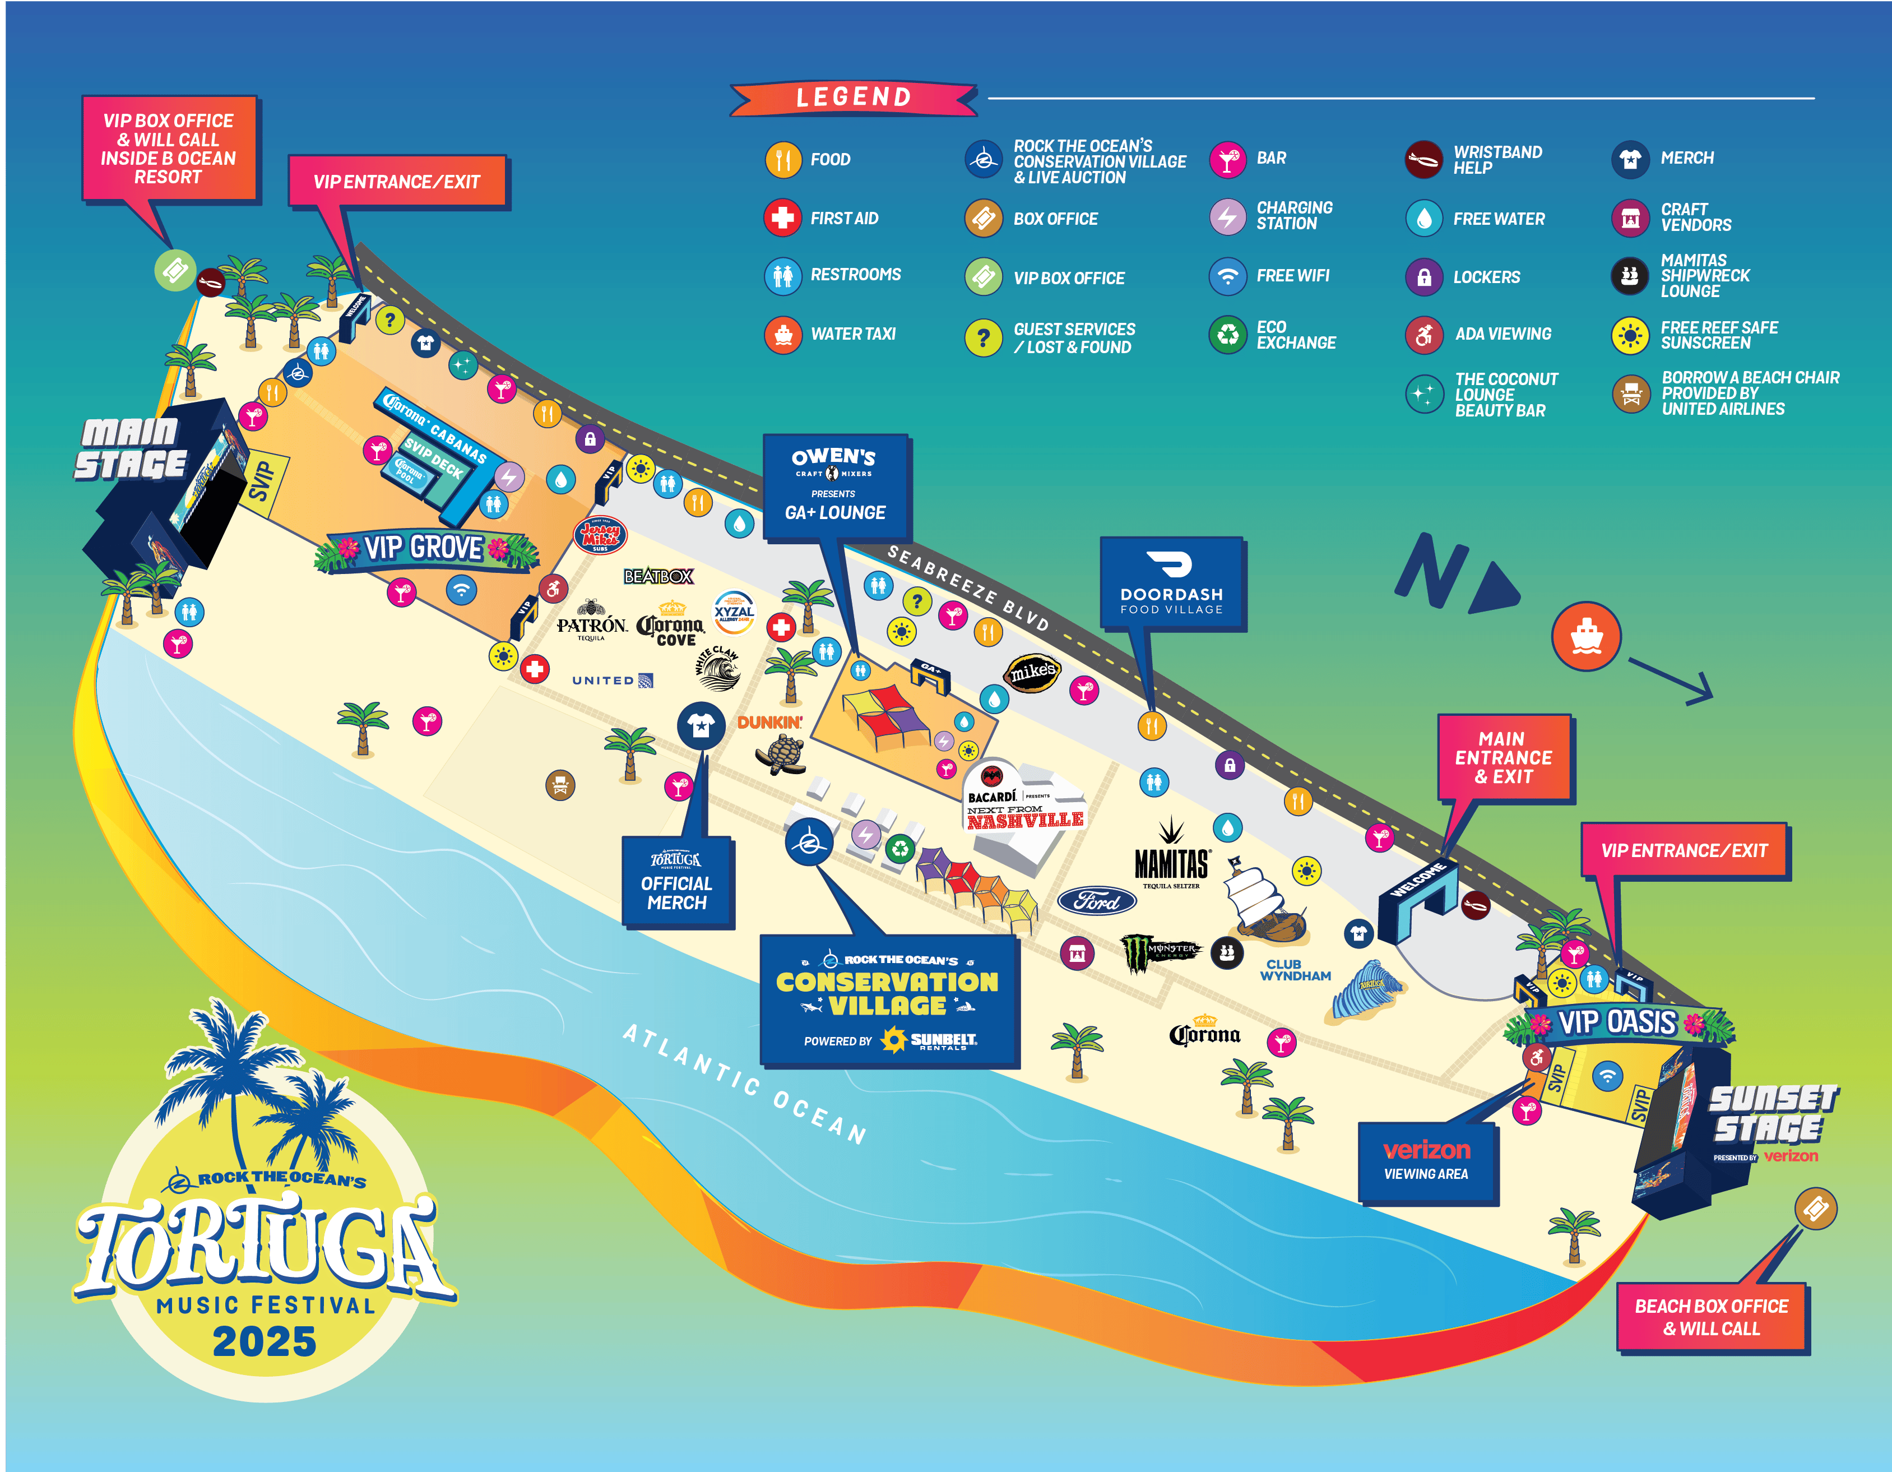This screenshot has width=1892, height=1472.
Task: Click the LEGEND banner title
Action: pos(854,97)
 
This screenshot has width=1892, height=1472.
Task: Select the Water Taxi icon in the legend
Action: pos(783,335)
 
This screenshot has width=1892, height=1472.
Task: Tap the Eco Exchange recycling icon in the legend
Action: pos(1227,335)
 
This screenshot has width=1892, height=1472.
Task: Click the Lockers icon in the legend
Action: pos(1423,277)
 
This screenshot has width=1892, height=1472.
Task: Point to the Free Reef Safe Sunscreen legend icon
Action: pos(1630,335)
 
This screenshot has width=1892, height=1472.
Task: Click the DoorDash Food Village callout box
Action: pos(1171,583)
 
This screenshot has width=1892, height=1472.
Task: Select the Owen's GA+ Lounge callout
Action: pos(835,487)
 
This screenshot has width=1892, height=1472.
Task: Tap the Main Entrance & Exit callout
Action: pos(1503,758)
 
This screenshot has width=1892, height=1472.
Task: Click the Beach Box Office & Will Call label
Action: pos(1711,1317)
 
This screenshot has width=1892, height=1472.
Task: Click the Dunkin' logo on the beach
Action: pos(769,721)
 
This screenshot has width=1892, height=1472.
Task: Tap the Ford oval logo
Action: pos(1097,901)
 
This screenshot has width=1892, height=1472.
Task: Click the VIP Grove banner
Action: pos(424,548)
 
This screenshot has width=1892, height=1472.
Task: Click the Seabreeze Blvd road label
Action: pos(968,588)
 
